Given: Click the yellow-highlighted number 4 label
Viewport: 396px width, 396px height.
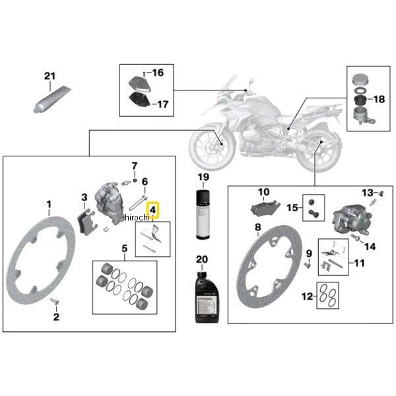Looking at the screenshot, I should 153,211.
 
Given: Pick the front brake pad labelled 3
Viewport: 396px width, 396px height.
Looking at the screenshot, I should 84,218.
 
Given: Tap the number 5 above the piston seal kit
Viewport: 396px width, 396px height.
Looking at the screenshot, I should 123,249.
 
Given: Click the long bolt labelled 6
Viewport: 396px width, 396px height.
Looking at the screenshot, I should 142,198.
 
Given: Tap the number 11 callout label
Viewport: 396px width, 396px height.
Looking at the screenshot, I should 358,263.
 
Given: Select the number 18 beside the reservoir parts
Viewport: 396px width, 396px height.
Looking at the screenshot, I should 379,99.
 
